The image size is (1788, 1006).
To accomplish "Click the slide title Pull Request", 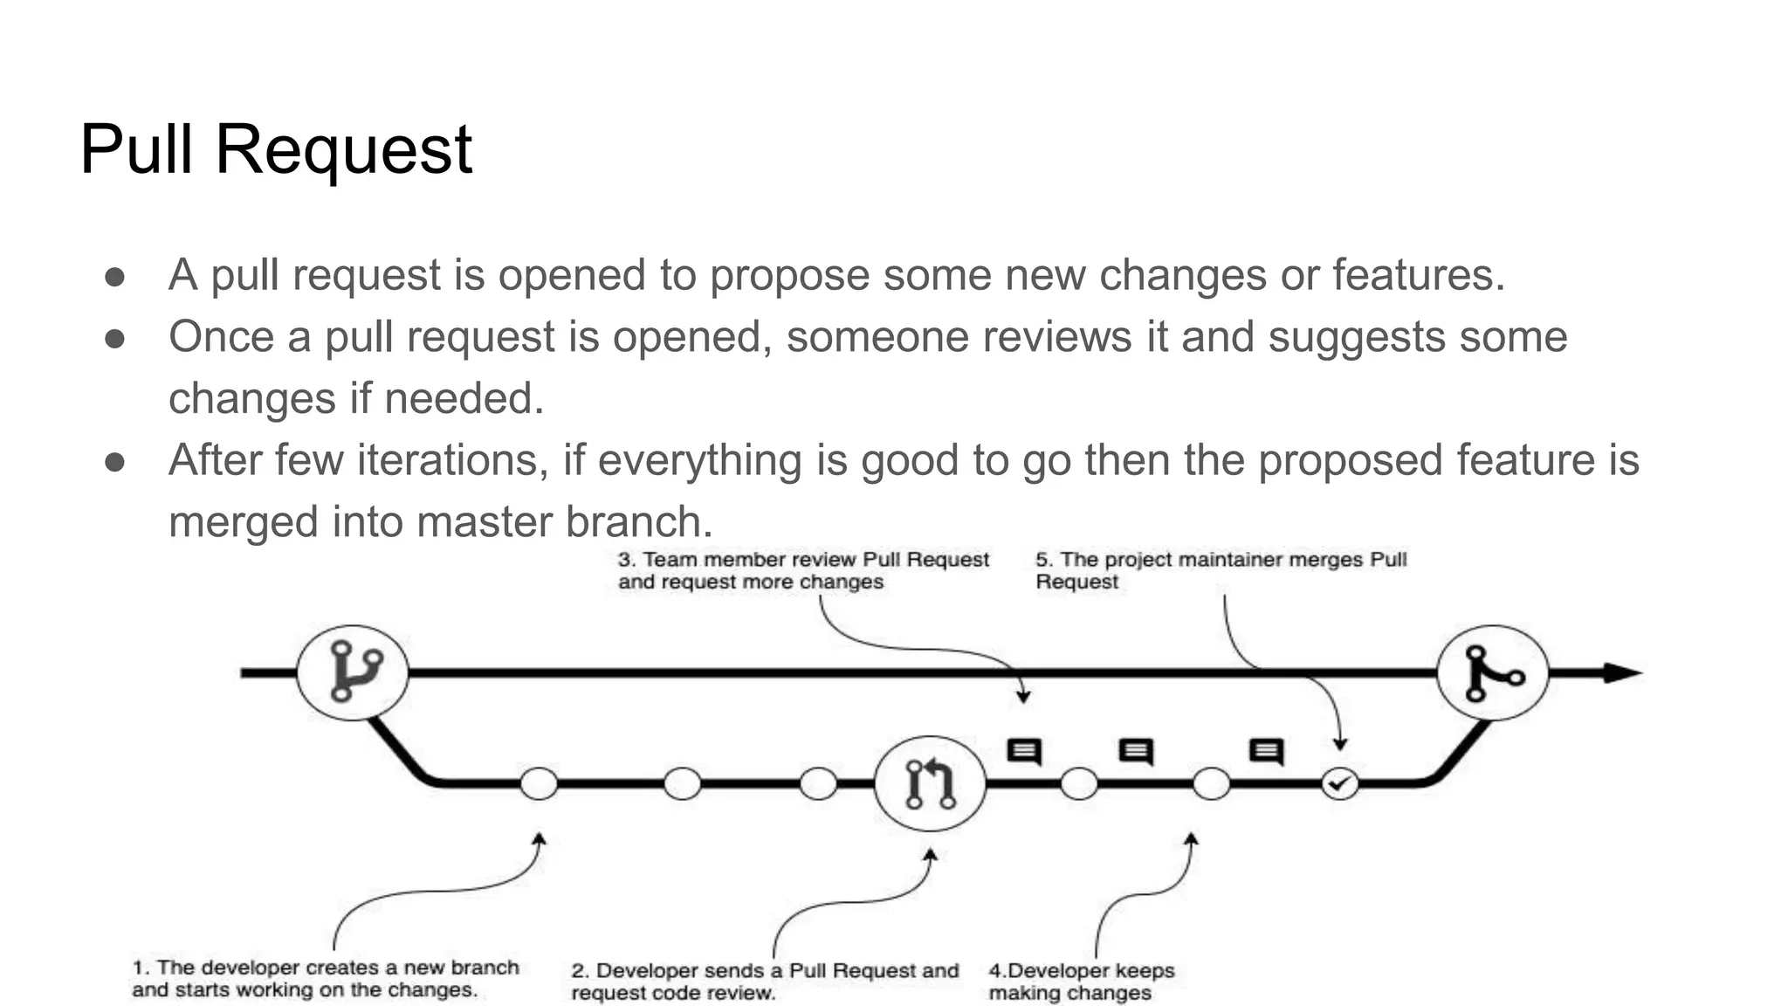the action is (276, 149).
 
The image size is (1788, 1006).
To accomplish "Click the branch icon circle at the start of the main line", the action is (353, 672).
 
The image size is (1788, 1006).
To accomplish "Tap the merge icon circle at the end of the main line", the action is (1493, 672).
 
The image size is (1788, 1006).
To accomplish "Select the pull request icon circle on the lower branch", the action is (930, 782).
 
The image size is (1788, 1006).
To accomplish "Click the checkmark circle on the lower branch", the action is (1339, 783).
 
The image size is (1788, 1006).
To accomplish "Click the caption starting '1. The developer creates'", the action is (325, 978).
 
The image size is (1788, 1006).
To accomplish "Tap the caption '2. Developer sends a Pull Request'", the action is (765, 982).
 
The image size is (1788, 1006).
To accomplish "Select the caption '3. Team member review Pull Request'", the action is (803, 570).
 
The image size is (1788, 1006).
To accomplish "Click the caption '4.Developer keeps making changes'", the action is (1081, 982).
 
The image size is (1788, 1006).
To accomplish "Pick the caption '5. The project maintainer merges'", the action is (1221, 570).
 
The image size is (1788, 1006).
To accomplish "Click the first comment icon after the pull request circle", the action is (1024, 751).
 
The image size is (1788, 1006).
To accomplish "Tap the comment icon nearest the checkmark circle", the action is (1266, 751).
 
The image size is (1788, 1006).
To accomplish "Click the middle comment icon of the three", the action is (1136, 751).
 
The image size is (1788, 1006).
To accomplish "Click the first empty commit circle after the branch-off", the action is (539, 783).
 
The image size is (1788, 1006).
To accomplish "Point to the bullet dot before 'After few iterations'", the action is (114, 462).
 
